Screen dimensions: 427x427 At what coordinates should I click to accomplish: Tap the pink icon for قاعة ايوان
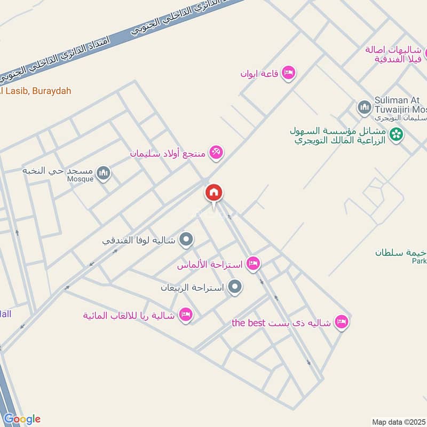289,72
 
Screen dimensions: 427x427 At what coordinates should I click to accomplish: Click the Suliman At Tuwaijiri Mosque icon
365,108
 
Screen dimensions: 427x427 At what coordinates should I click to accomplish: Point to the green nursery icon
396,135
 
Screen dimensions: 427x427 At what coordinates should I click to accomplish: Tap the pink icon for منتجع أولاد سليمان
216,153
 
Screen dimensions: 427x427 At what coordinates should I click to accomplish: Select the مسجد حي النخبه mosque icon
104,172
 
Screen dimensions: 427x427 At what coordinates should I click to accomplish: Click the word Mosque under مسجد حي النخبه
81,179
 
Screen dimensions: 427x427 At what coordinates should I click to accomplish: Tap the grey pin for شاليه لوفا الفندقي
186,240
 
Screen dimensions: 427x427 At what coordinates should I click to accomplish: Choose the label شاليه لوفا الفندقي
139,240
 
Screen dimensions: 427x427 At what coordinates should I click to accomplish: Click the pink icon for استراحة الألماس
254,263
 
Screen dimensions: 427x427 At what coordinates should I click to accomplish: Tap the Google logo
21,419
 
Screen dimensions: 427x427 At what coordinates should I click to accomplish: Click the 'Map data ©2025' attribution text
398,422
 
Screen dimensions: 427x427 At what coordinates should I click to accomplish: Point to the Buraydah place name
51,91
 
